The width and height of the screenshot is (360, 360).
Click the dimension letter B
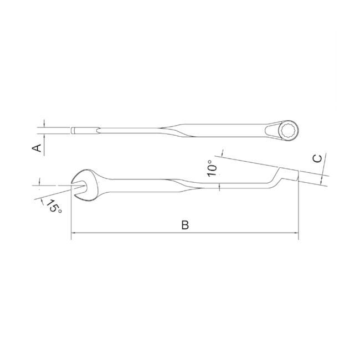pos(186,225)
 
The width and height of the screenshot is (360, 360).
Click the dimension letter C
pos(317,158)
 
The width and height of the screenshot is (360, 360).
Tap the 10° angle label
pos(213,168)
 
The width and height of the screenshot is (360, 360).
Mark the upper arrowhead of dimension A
pos(42,126)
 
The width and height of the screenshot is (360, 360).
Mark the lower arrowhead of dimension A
pos(42,136)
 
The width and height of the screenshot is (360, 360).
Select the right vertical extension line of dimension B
pos(299,210)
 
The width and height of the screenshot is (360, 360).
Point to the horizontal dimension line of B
pos(186,234)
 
